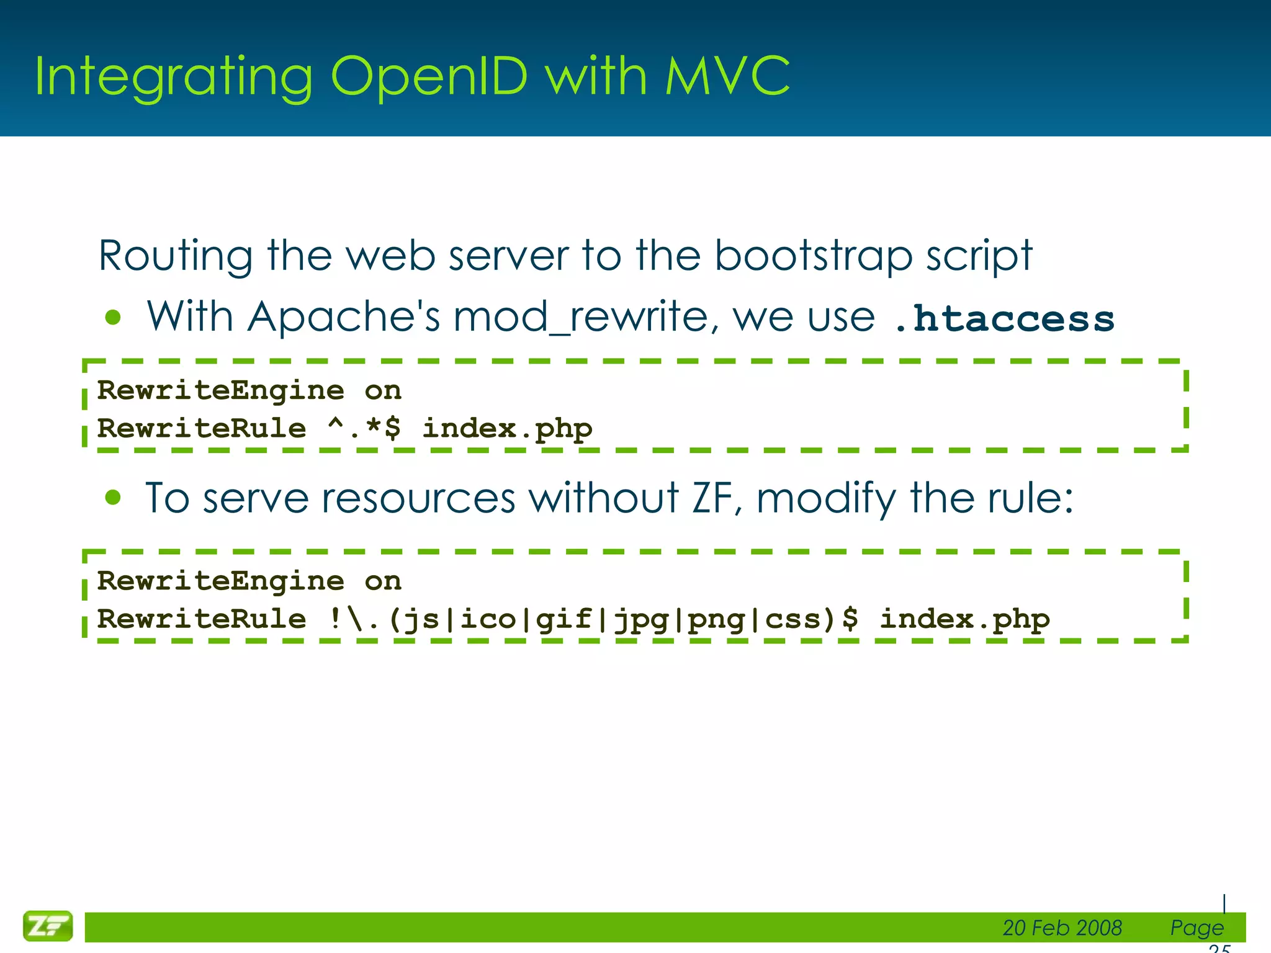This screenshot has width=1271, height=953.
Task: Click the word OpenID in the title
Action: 429,76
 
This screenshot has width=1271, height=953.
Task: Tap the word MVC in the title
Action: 727,76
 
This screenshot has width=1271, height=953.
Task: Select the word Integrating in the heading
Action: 174,78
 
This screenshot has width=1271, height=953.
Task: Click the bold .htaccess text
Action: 1004,319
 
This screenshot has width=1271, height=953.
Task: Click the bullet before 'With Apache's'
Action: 113,318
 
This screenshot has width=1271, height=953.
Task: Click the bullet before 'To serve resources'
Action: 113,498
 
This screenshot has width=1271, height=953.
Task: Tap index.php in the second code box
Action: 964,619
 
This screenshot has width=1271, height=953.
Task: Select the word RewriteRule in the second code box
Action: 202,619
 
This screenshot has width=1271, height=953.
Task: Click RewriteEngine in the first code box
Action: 220,391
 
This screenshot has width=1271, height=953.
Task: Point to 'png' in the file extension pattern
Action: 716,619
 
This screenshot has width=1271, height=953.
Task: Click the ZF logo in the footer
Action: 48,926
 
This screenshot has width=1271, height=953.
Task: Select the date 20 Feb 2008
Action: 1062,928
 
